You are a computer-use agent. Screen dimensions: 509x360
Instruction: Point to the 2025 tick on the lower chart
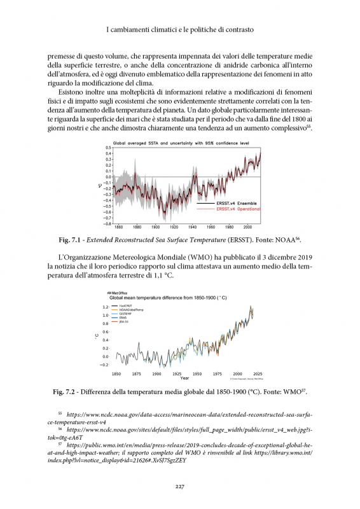[x=257, y=373]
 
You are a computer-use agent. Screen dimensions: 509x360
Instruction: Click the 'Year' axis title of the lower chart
[x=184, y=378]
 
